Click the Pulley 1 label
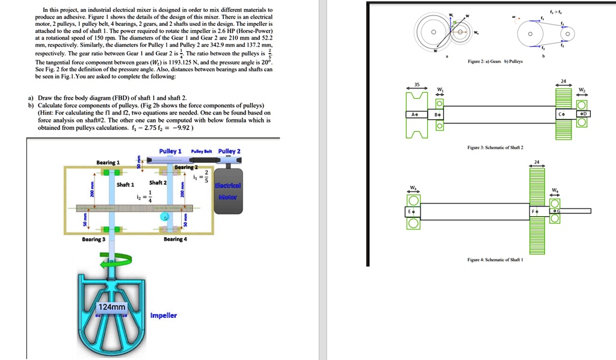coord(170,151)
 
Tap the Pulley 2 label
coord(229,151)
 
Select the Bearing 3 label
coord(93,239)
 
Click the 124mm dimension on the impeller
coord(112,307)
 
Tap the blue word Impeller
coord(163,315)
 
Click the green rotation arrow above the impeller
coord(117,259)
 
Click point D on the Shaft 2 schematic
coord(585,114)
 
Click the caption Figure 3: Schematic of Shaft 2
coord(495,147)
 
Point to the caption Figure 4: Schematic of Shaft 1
coord(495,259)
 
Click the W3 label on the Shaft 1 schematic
coord(413,187)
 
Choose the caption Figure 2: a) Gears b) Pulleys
coord(494,61)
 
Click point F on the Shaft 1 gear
coord(535,211)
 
